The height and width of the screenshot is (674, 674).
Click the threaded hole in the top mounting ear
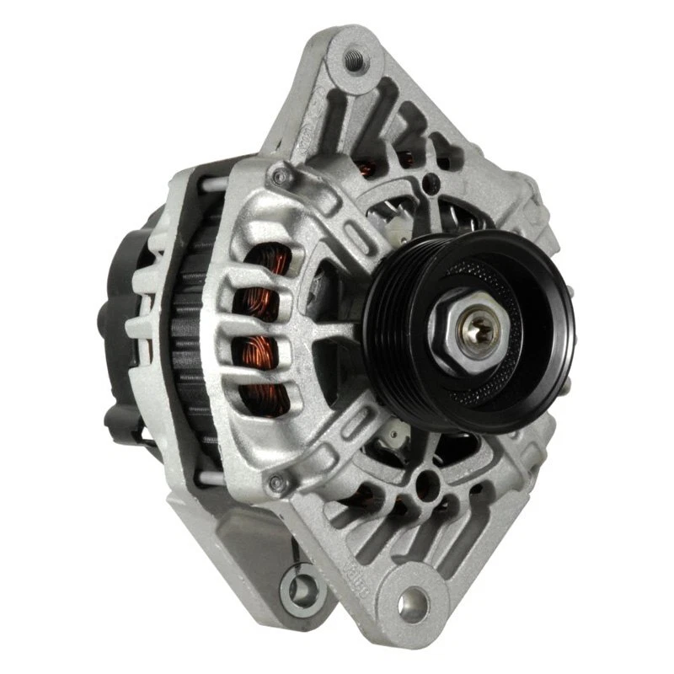click(351, 58)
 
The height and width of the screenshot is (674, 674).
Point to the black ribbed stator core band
click(195, 337)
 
